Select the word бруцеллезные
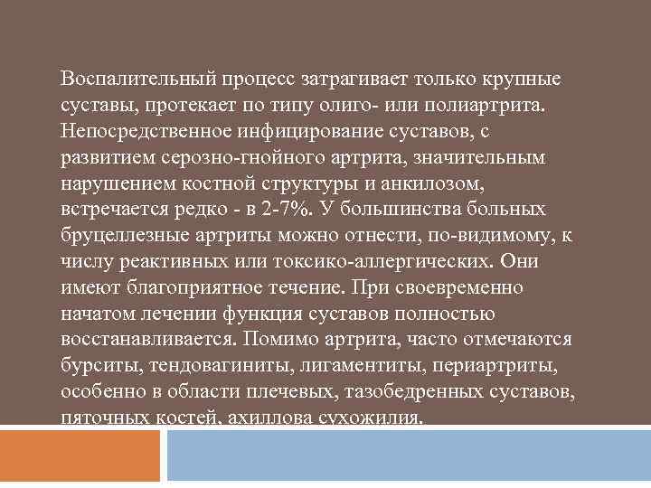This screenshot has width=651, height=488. tap(123, 236)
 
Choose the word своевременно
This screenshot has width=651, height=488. tap(475, 288)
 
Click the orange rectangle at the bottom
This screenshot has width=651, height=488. tap(80, 455)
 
